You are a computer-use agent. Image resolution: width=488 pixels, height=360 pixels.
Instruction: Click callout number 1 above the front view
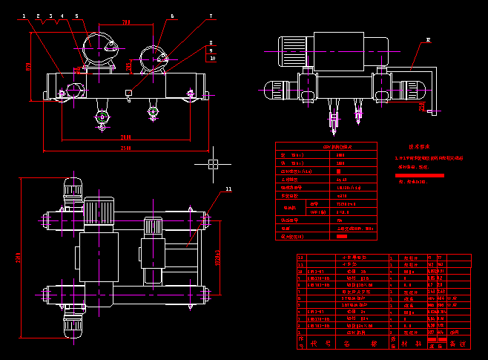tap(24, 15)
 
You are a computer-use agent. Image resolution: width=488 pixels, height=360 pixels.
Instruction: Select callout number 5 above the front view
tap(76, 15)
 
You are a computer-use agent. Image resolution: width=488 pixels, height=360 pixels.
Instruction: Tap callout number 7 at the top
tap(211, 15)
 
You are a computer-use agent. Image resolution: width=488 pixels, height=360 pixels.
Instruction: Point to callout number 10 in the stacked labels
tap(212, 58)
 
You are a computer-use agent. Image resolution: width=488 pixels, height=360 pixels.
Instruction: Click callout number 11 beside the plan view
tap(228, 189)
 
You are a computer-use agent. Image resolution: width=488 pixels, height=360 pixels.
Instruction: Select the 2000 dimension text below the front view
tap(127, 137)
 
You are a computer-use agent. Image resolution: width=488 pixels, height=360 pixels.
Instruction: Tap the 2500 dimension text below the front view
tap(127, 148)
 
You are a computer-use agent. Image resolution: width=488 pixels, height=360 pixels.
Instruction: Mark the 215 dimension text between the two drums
tap(128, 66)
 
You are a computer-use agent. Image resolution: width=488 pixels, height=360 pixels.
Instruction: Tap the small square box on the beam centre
tap(128, 93)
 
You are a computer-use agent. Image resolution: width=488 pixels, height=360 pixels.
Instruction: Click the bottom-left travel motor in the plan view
tap(73, 324)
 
